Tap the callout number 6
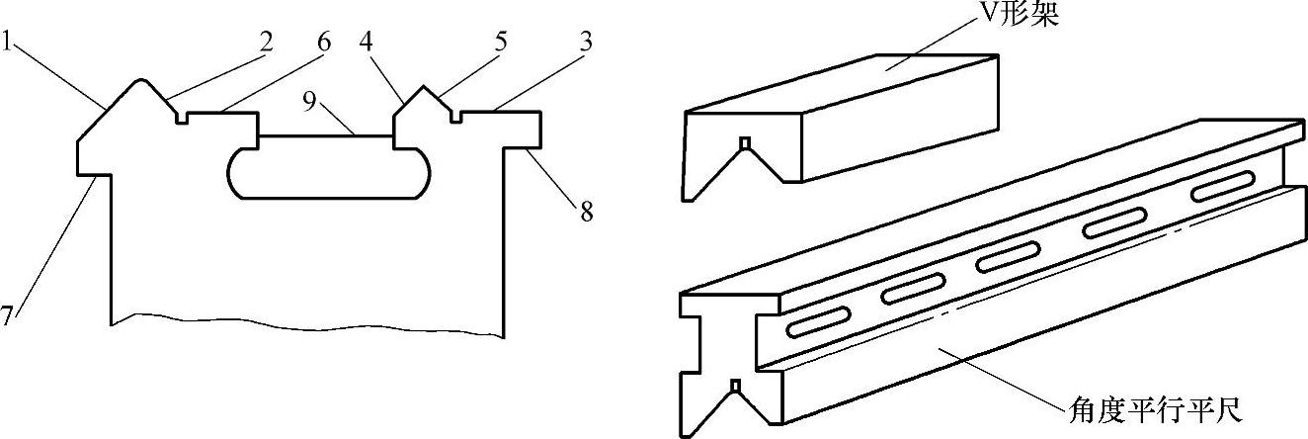[325, 44]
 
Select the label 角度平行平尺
[1145, 408]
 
